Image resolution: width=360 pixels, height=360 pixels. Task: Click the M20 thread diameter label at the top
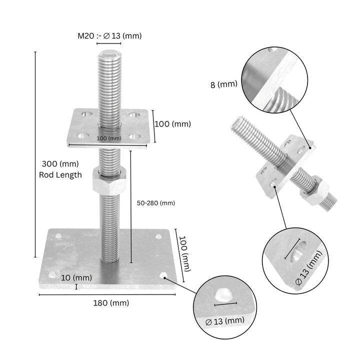pos(109,35)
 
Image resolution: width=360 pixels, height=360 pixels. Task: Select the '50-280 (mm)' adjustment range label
pos(155,203)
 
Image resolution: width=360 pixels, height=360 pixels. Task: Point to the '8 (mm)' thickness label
pos(223,84)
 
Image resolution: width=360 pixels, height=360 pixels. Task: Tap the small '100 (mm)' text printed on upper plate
pos(109,138)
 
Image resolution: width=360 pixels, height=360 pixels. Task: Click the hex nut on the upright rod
pos(109,181)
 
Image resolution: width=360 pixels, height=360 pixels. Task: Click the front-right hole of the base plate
pos(163,275)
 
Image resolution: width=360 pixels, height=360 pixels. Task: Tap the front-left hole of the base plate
pos(51,273)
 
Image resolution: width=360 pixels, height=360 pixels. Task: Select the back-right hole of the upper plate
pos(133,115)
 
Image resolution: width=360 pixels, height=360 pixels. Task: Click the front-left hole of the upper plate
pos(82,135)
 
